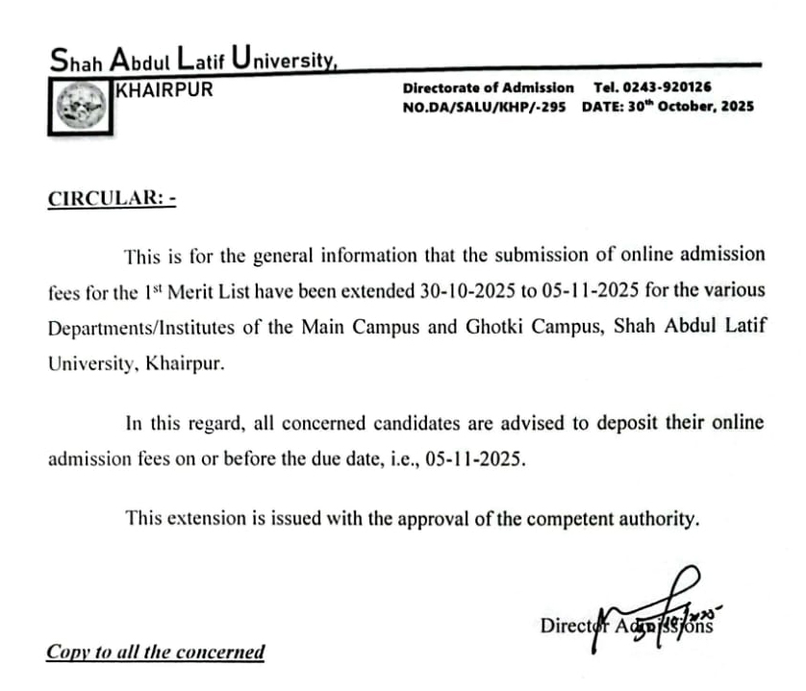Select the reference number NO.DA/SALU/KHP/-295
[487, 106]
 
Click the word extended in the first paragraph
[381, 289]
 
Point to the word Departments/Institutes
[144, 325]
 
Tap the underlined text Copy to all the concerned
[155, 652]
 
